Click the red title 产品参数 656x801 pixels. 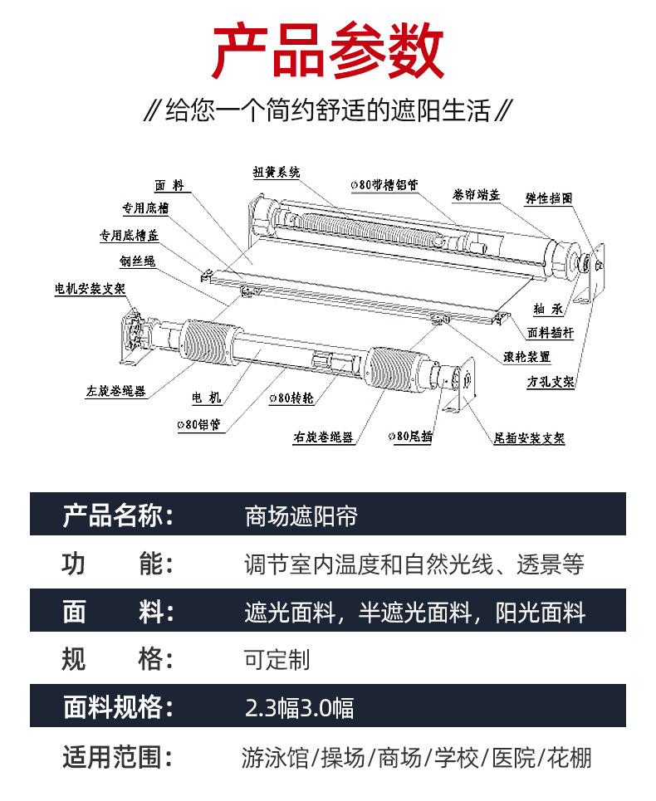[327, 51]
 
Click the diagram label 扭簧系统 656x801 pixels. [277, 172]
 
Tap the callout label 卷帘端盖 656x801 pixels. [476, 194]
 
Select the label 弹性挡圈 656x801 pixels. [549, 198]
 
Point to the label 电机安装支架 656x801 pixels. [90, 289]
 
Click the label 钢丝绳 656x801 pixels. [138, 261]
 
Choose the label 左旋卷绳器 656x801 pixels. [116, 391]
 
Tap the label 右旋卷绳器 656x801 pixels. [323, 437]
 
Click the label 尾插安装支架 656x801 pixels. [529, 437]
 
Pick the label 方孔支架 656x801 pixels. [551, 382]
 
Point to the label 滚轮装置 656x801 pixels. [526, 357]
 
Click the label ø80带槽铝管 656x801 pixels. [384, 184]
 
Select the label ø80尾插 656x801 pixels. [409, 436]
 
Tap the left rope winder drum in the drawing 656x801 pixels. [208, 342]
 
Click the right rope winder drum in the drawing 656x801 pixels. [394, 369]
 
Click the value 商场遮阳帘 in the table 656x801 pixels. [301, 516]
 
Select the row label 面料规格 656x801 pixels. [118, 707]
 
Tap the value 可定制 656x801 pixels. [277, 660]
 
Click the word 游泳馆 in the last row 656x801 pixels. [275, 758]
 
